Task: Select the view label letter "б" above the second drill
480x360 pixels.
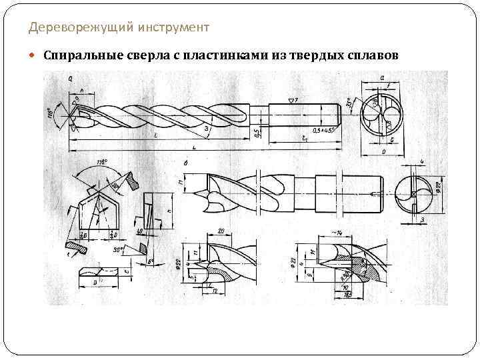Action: click(185, 162)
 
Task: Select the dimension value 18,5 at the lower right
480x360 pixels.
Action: click(347, 295)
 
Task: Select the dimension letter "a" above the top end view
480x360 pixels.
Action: click(381, 77)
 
